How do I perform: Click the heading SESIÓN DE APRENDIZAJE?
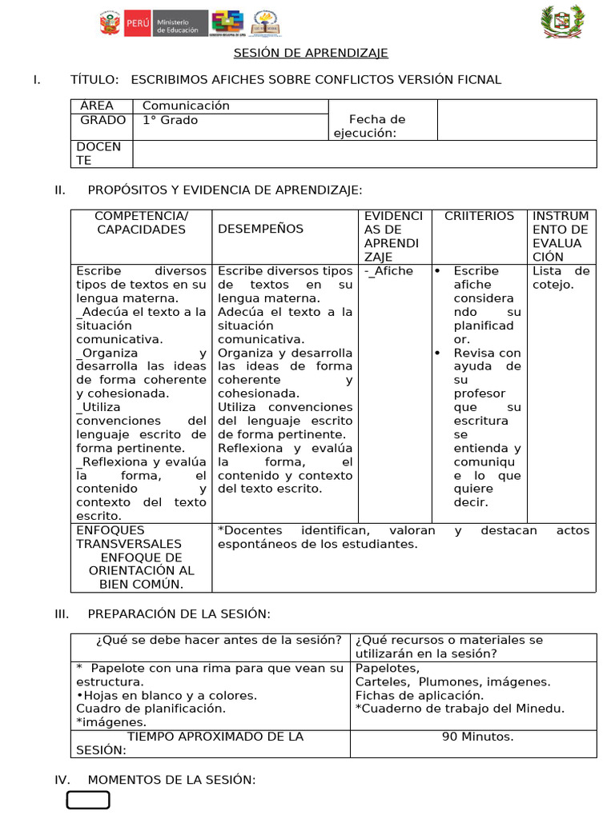click(x=311, y=53)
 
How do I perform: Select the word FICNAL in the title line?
click(x=478, y=79)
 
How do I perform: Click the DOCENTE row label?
click(x=99, y=154)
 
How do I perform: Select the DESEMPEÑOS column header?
click(x=260, y=229)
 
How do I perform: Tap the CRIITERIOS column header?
click(x=479, y=216)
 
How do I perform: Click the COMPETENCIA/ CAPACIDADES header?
click(x=141, y=222)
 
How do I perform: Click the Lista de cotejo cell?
click(x=561, y=278)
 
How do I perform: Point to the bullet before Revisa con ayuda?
click(x=437, y=353)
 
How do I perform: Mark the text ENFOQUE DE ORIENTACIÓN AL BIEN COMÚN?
click(x=141, y=570)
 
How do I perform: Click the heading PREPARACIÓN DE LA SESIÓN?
click(x=179, y=613)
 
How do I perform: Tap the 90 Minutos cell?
click(x=477, y=737)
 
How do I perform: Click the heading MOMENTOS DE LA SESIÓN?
click(x=171, y=780)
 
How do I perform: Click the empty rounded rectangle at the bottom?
click(x=88, y=801)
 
